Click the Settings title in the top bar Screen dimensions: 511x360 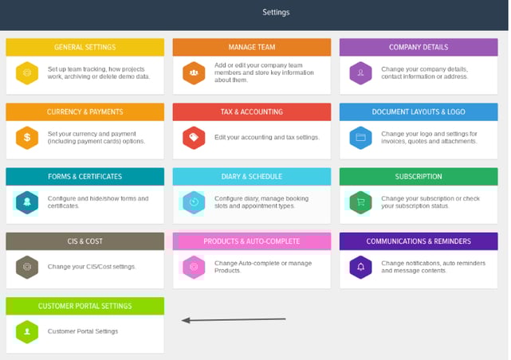click(x=276, y=13)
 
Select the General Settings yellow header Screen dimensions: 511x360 click(x=85, y=47)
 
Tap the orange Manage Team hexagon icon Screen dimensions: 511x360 click(x=194, y=73)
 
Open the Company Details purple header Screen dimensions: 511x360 click(x=419, y=47)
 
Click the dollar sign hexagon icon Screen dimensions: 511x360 click(x=27, y=138)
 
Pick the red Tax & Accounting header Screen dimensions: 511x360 click(x=252, y=112)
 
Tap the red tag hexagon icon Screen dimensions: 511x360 click(x=194, y=138)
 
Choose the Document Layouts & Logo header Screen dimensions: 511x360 click(x=419, y=112)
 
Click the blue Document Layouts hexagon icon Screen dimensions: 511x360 click(x=361, y=138)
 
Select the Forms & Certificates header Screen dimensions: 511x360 click(x=85, y=177)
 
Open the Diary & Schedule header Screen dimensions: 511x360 click(x=252, y=177)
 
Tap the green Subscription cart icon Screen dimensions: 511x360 click(x=361, y=202)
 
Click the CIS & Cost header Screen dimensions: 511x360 click(x=85, y=241)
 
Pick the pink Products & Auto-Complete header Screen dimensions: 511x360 click(x=252, y=241)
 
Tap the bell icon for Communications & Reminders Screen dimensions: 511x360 click(x=361, y=268)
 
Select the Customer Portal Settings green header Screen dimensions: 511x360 click(x=85, y=307)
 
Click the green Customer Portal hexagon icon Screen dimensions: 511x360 click(x=27, y=332)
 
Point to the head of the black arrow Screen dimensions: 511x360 click(x=183, y=321)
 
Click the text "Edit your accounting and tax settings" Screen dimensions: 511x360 click(x=266, y=137)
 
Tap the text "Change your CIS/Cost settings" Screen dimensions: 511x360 click(x=92, y=267)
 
